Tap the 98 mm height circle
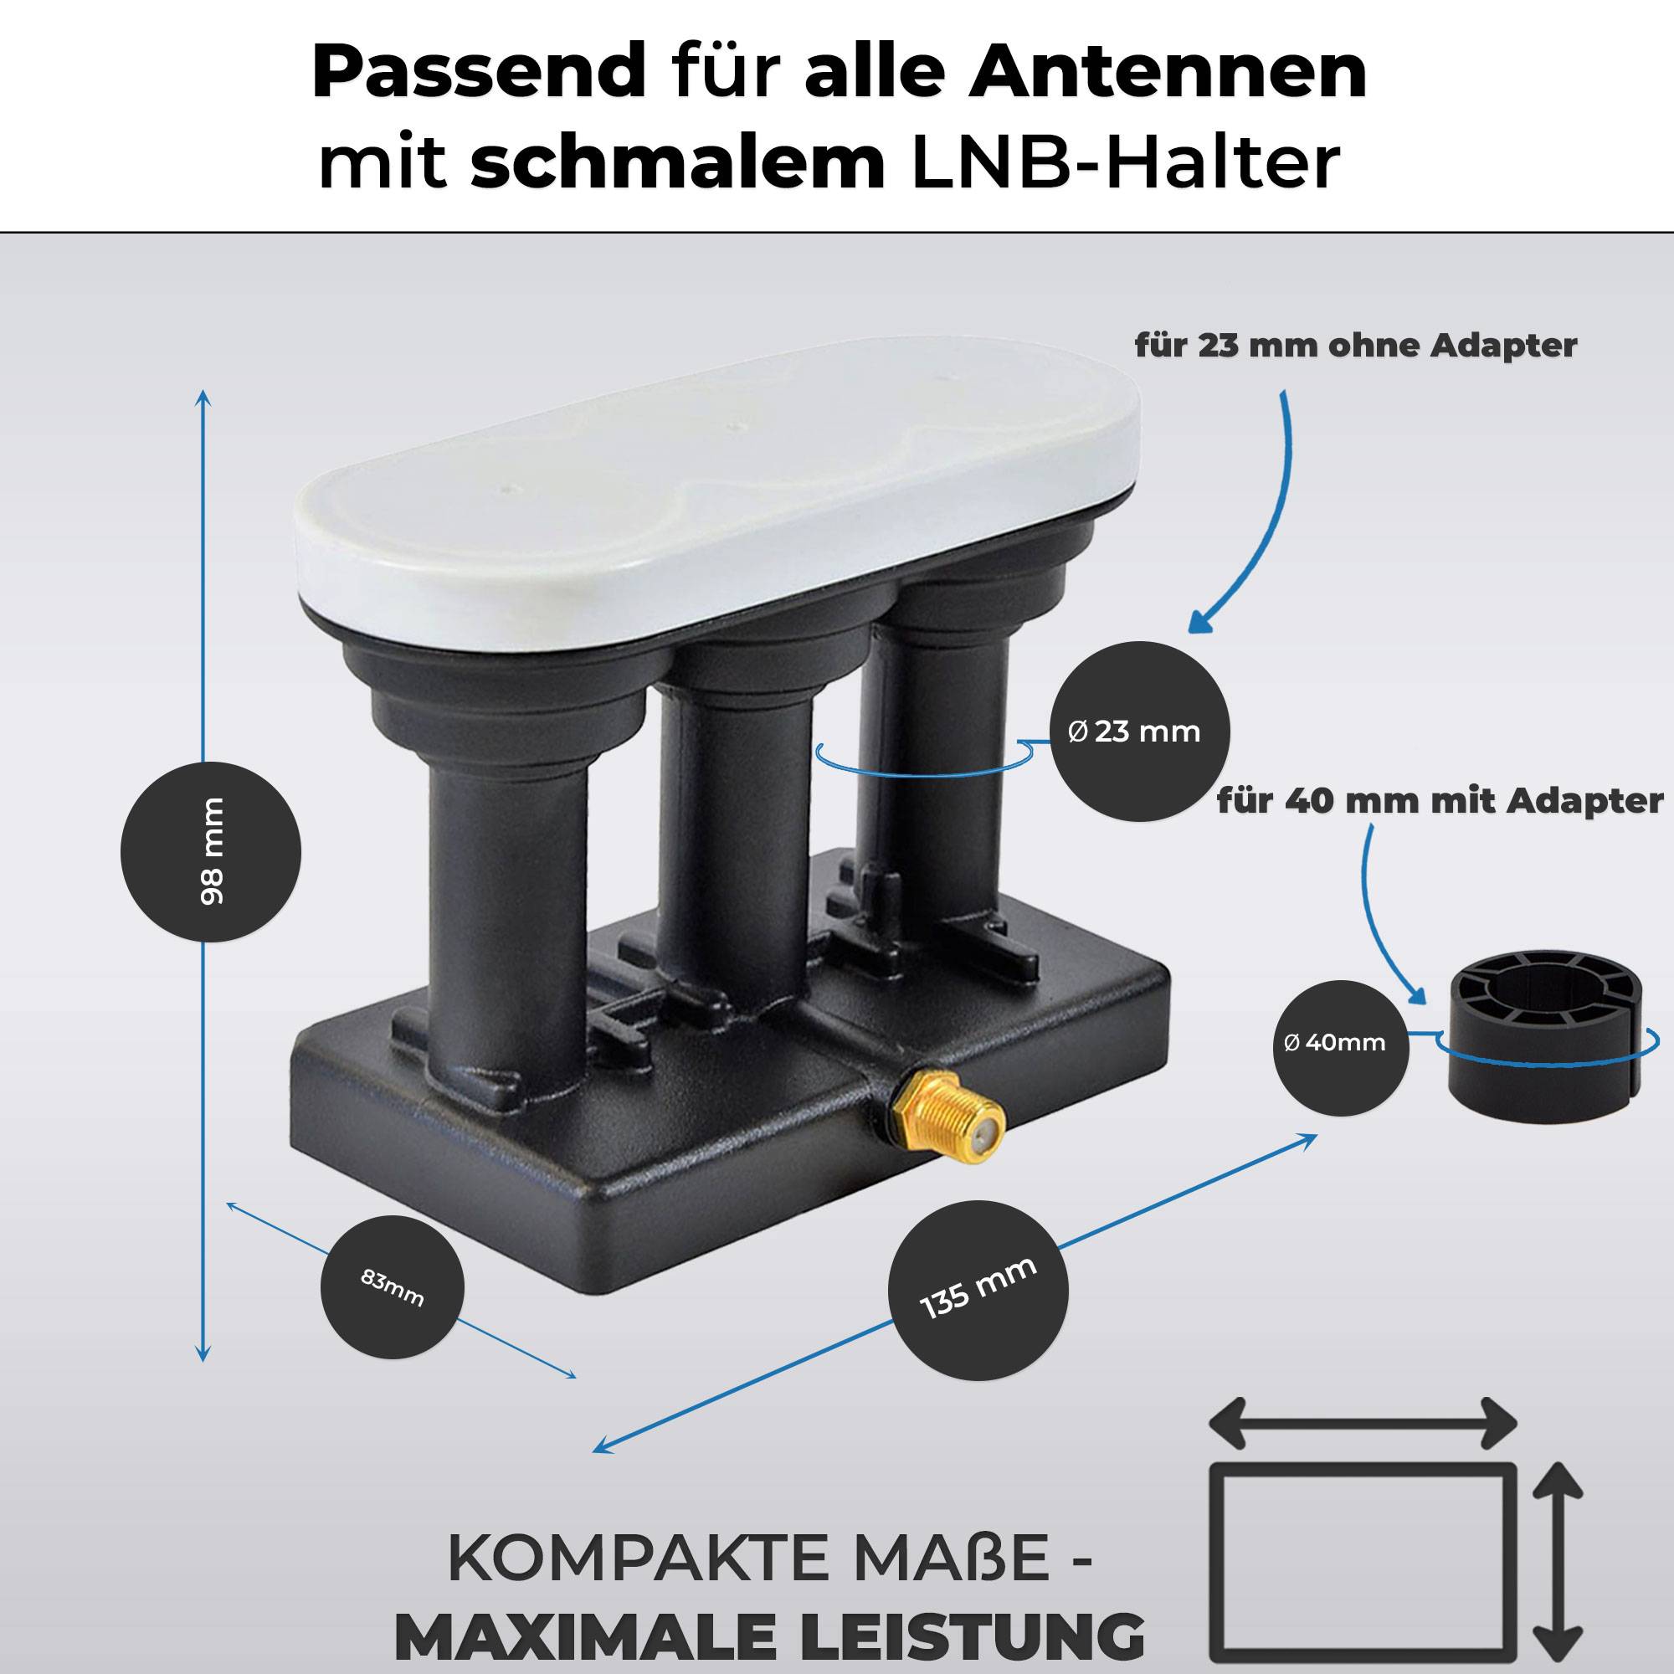[211, 852]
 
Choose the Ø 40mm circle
[1340, 1042]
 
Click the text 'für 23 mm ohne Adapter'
[1355, 345]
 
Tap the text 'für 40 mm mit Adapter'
[1439, 801]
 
